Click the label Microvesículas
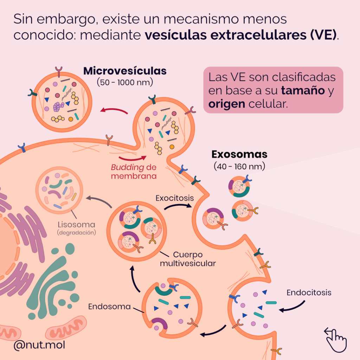pyautogui.click(x=125, y=71)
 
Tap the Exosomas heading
pyautogui.click(x=239, y=154)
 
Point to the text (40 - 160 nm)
pyautogui.click(x=239, y=166)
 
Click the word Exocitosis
pyautogui.click(x=175, y=198)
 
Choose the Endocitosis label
pyautogui.click(x=309, y=292)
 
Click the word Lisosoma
pyautogui.click(x=77, y=225)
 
